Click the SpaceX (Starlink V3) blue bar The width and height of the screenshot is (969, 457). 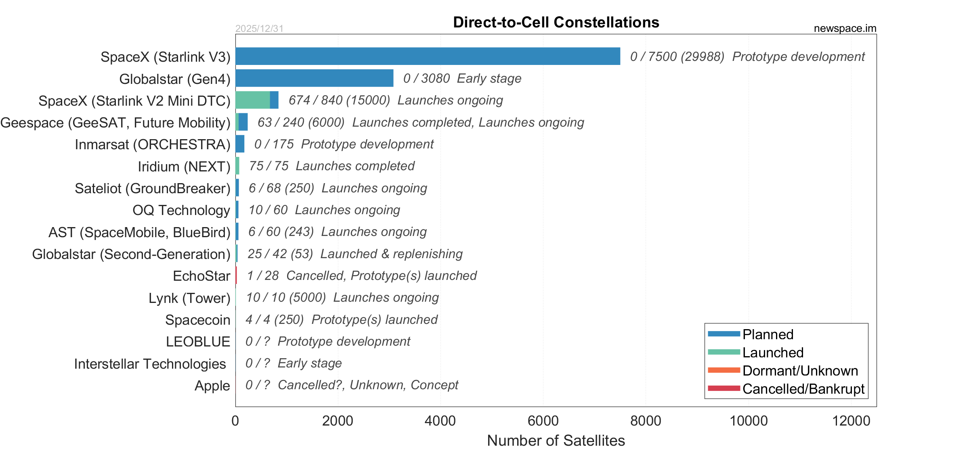click(428, 56)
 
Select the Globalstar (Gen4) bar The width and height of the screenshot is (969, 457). click(314, 78)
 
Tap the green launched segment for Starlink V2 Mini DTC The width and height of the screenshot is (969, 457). click(253, 100)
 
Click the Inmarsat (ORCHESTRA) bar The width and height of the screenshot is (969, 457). click(240, 144)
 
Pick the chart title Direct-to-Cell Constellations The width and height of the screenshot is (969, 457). click(556, 22)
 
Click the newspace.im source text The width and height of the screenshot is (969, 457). click(845, 28)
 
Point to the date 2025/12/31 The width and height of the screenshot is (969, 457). click(259, 29)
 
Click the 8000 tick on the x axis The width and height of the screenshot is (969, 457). click(646, 421)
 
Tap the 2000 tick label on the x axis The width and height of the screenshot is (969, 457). click(338, 421)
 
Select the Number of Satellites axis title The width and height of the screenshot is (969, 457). click(556, 440)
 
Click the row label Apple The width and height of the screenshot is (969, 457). click(212, 386)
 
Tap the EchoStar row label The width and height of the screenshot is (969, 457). click(201, 276)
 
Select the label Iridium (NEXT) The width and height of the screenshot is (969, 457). click(184, 167)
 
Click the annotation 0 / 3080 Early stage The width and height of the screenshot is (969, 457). click(462, 78)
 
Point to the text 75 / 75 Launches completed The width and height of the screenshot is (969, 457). click(332, 166)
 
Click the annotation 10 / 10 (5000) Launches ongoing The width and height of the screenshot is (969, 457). click(342, 297)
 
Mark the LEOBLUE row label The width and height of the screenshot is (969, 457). click(198, 342)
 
